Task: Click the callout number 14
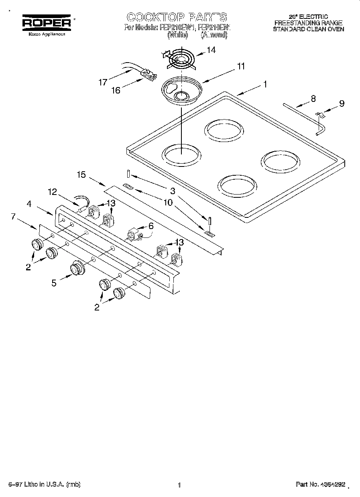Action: pyautogui.click(x=211, y=50)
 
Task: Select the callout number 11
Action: pyautogui.click(x=240, y=67)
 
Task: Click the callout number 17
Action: pyautogui.click(x=103, y=83)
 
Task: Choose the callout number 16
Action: pyautogui.click(x=116, y=90)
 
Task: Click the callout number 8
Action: pyautogui.click(x=313, y=98)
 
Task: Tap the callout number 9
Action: pyautogui.click(x=341, y=103)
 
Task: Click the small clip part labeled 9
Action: pyautogui.click(x=320, y=116)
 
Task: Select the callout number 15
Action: pyautogui.click(x=81, y=174)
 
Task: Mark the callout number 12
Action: pyautogui.click(x=53, y=192)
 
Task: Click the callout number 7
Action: pyautogui.click(x=13, y=217)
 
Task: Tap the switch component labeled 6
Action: pyautogui.click(x=133, y=235)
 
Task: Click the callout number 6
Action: pyautogui.click(x=151, y=226)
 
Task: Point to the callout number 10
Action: pyautogui.click(x=167, y=203)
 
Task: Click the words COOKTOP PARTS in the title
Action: pyautogui.click(x=177, y=17)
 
